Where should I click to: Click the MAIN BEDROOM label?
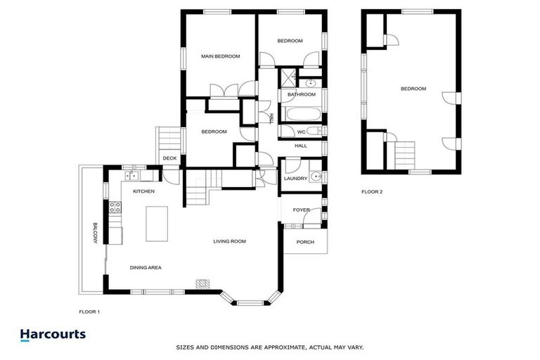pos(220,56)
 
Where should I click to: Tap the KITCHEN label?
pos(143,191)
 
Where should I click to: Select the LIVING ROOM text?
pos(229,241)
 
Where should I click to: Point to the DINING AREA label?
pos(146,267)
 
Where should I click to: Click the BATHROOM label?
pos(302,94)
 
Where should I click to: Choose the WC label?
pos(301,131)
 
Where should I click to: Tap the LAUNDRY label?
pos(295,179)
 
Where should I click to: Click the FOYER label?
pos(301,210)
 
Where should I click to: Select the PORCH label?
pos(305,243)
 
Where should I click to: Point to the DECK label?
pos(169,158)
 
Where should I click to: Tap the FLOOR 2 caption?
pos(372,191)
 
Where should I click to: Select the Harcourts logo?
pos(53,335)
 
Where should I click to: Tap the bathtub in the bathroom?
pos(302,114)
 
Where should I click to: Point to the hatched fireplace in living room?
pos(202,283)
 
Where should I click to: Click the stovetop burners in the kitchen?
pos(114,207)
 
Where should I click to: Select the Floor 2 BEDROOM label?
pos(413,89)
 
